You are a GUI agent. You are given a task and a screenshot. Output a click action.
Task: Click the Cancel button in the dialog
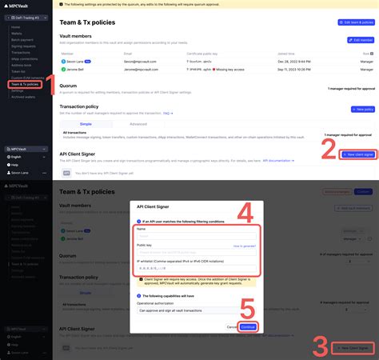(231, 326)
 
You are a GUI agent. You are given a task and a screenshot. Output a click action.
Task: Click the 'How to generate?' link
(244, 246)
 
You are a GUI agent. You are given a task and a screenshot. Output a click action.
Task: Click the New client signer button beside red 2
(358, 154)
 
